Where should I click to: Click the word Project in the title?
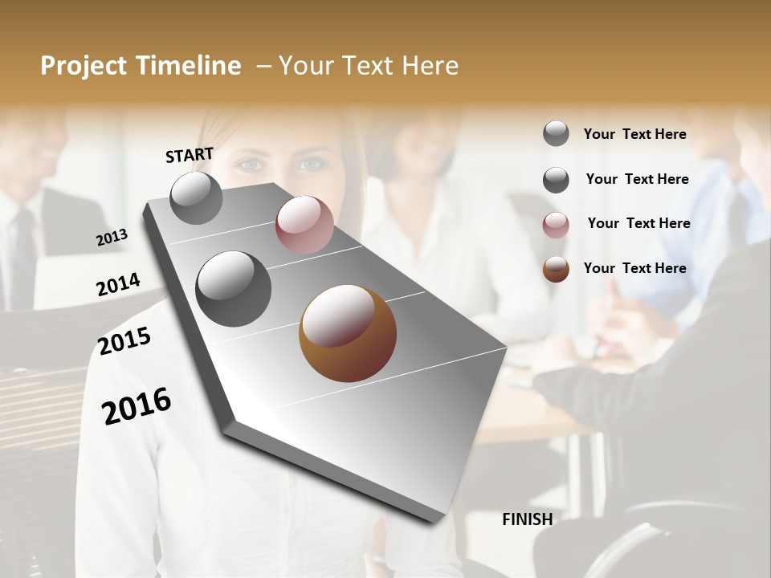coord(83,66)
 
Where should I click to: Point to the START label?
coord(190,155)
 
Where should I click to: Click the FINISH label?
coord(527,519)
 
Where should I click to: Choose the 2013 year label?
coord(112,237)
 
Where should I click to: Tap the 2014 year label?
coord(118,285)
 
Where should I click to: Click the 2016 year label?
coord(137,406)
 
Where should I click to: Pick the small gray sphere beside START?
coord(196,197)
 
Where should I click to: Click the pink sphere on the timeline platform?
coord(304,225)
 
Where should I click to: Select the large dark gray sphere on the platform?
coord(234,289)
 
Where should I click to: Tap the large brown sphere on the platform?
coord(348,332)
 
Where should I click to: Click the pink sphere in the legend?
coord(556,225)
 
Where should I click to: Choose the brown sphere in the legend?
coord(556,269)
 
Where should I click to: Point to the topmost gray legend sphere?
coord(556,133)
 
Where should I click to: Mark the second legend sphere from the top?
coord(556,180)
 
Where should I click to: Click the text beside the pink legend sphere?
coord(638,223)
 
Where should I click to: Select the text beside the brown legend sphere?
coord(635,268)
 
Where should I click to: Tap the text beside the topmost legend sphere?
coord(635,134)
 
